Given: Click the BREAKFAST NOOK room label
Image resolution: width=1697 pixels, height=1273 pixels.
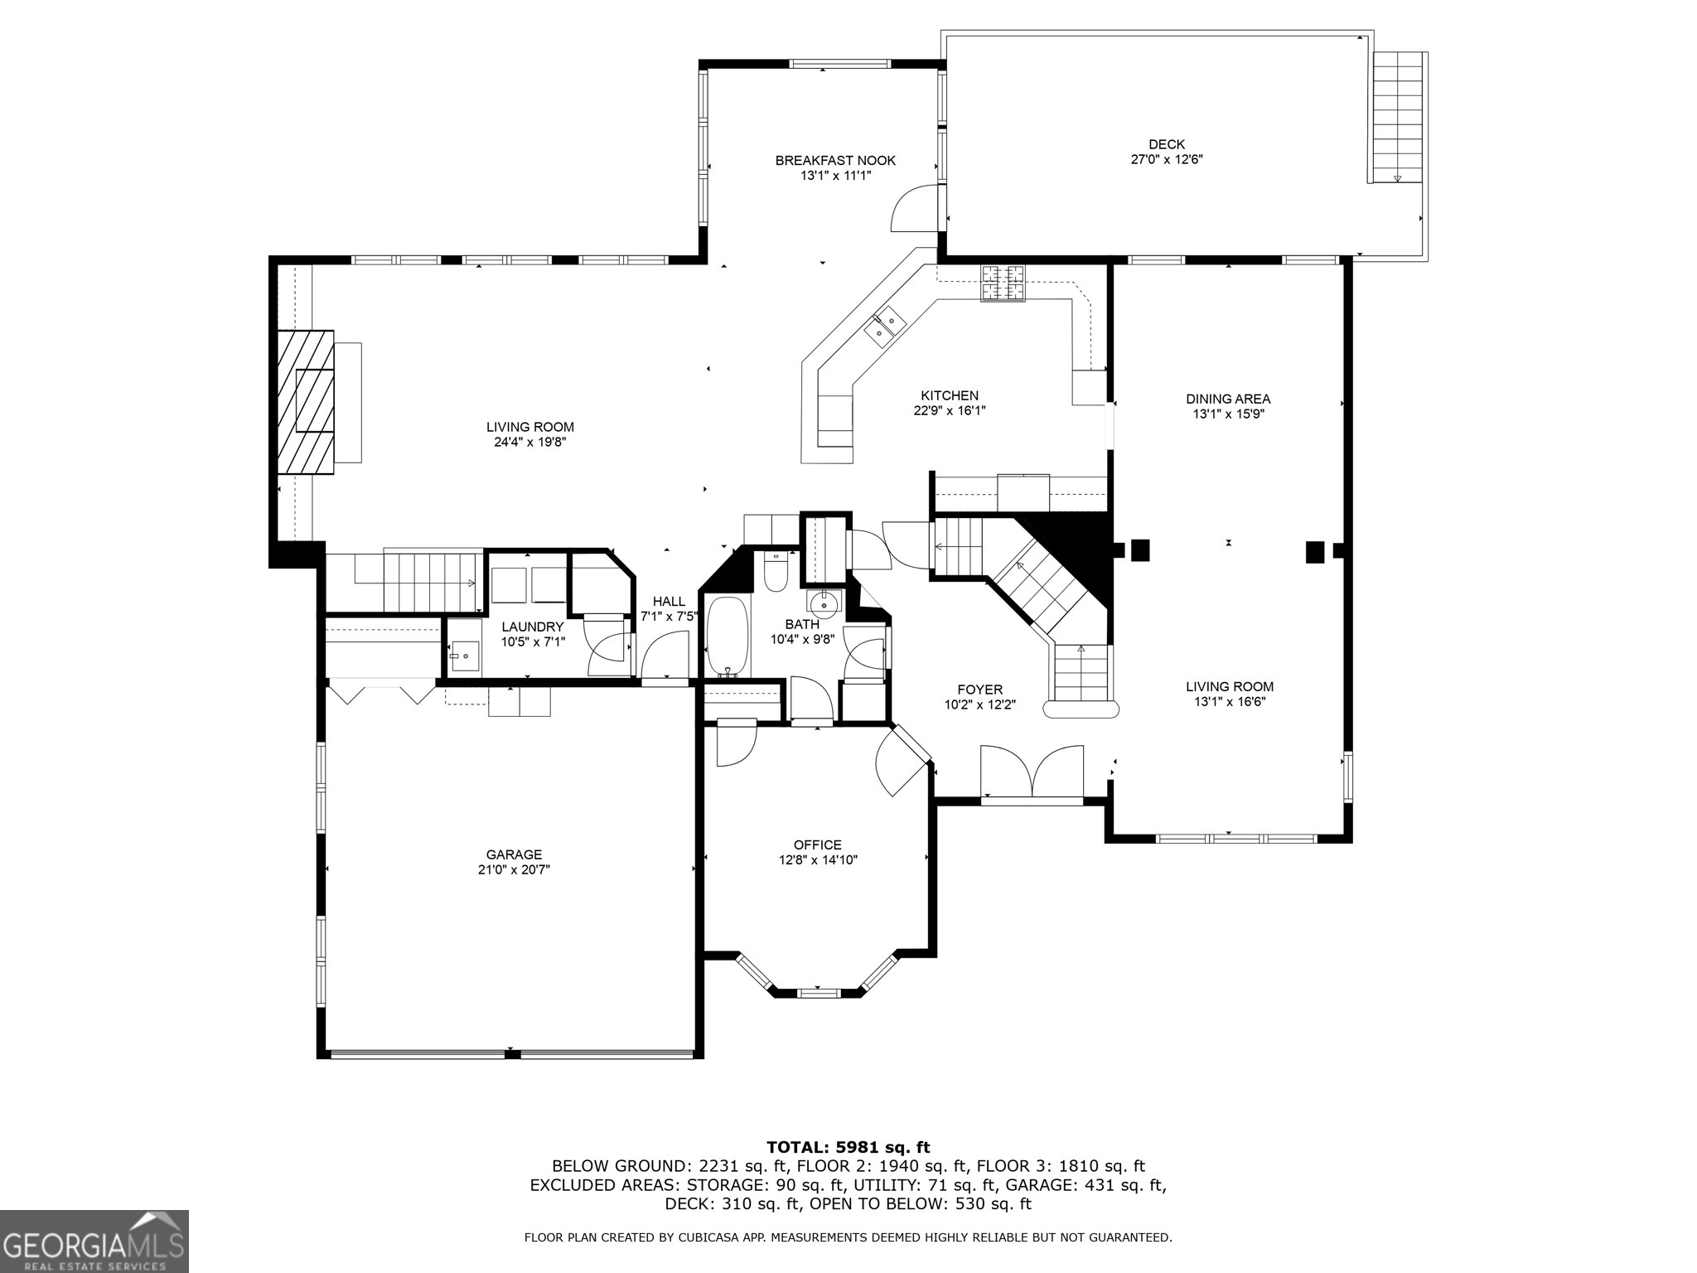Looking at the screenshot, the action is [835, 160].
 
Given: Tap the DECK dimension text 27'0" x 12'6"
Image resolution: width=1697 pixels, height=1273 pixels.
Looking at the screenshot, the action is [1167, 159].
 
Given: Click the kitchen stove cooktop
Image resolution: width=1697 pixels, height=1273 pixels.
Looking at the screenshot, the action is [1003, 283].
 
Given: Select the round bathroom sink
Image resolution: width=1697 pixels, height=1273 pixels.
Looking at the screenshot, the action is [824, 601].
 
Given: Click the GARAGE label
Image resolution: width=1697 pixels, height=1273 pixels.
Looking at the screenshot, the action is [514, 854].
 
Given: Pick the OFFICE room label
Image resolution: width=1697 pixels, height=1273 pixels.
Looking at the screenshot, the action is [817, 845].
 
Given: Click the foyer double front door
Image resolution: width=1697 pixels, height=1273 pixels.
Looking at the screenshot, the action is [1032, 772].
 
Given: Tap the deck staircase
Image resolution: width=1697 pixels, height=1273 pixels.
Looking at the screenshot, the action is [1398, 117].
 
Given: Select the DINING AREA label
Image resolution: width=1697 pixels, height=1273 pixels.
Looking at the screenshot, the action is [1228, 399].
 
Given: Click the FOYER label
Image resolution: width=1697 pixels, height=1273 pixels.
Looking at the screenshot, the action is [980, 690].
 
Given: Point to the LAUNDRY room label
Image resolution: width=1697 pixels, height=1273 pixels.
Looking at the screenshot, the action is [533, 627].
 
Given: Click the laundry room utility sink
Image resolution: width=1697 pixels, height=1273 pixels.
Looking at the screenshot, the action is [465, 656].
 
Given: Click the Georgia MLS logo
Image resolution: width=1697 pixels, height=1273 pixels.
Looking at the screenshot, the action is [94, 1241].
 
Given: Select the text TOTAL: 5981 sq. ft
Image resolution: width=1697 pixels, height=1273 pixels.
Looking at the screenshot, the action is [848, 1147].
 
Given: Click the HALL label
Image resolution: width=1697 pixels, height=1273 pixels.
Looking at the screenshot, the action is [669, 601].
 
